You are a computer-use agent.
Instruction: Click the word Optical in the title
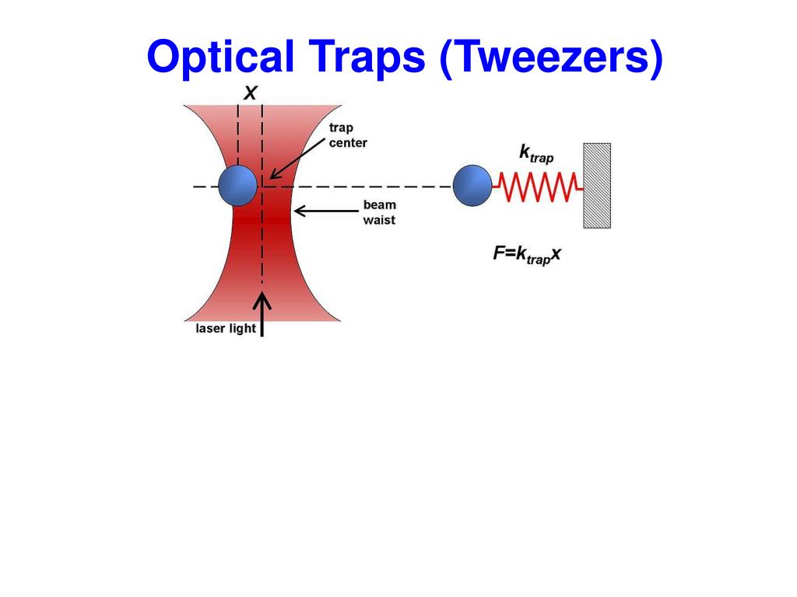(217, 58)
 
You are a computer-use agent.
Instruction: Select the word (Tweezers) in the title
(551, 58)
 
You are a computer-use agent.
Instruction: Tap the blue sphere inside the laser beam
(237, 185)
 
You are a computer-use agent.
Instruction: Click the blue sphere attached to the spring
(472, 186)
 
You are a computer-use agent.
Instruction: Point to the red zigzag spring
(538, 186)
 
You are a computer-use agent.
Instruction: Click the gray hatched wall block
(597, 185)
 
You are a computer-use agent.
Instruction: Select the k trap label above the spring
(536, 153)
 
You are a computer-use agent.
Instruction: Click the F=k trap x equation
(527, 254)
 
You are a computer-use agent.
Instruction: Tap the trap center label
(347, 135)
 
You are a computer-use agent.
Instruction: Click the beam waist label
(379, 212)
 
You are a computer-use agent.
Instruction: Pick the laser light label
(225, 328)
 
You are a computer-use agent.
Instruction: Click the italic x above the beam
(250, 93)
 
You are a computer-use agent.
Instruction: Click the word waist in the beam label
(379, 220)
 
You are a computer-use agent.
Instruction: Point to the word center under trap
(348, 143)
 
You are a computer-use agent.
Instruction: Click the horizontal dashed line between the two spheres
(358, 187)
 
